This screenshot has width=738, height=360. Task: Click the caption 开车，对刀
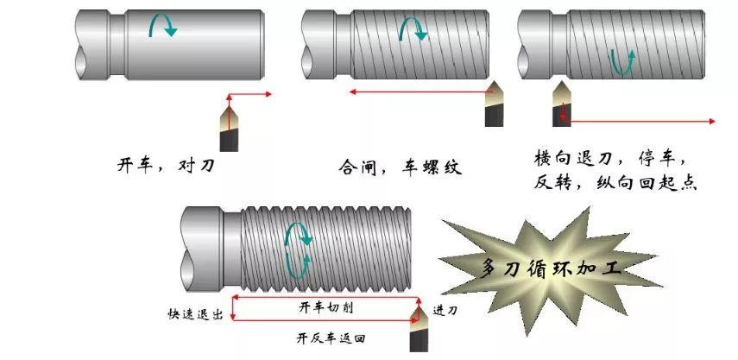(166, 165)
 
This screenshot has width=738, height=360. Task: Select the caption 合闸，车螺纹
(400, 167)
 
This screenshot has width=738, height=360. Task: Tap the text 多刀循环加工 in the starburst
(552, 268)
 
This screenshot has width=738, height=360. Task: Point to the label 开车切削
(325, 308)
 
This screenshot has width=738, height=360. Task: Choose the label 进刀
(445, 310)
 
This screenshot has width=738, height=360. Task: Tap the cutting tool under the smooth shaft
(229, 128)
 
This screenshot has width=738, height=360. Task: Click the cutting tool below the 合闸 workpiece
(495, 104)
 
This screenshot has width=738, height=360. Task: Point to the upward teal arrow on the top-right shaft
(622, 62)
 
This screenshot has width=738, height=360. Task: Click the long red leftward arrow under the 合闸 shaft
(421, 92)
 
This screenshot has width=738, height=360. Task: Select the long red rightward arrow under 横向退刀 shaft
(638, 121)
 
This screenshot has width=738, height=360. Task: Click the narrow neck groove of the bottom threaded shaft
(231, 249)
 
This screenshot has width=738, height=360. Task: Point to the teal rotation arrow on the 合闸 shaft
(413, 28)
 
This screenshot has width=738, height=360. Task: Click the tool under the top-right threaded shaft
(562, 104)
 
